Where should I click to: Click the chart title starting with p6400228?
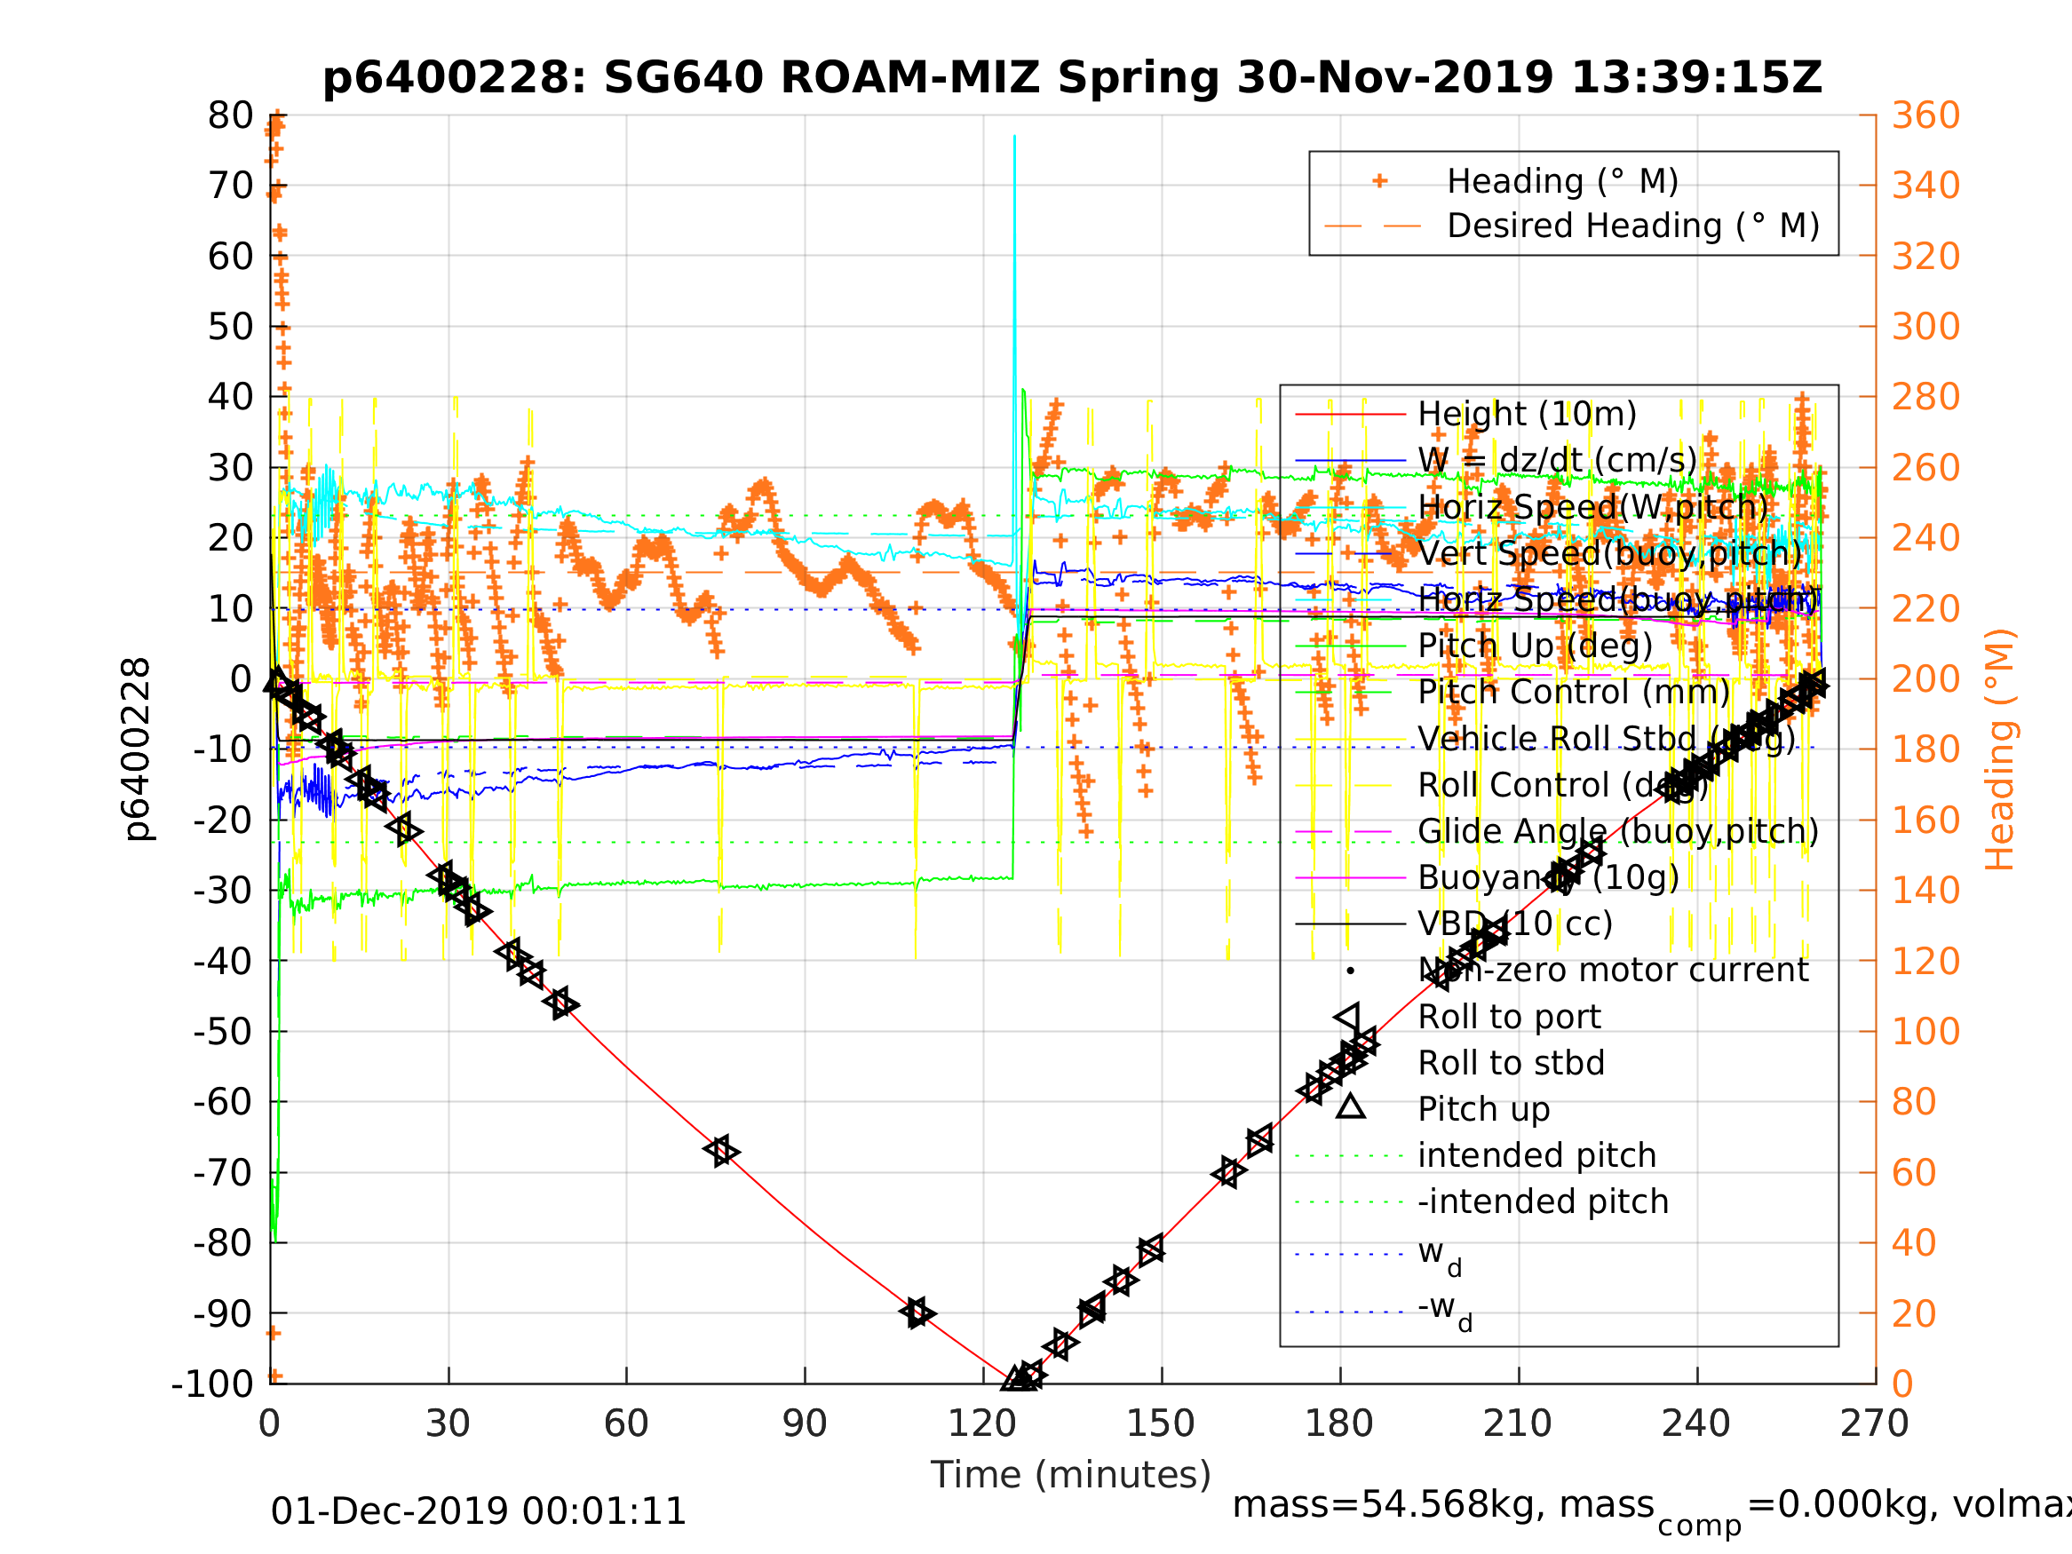[x=1072, y=78]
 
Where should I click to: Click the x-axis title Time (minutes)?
[x=1071, y=1474]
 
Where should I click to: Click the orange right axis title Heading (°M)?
[x=1999, y=749]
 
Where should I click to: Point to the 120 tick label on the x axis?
[x=981, y=1423]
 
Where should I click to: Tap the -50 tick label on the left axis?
[x=222, y=1031]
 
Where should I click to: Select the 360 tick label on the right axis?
[x=1925, y=115]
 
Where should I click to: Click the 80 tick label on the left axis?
[x=230, y=115]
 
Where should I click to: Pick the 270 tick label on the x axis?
[x=1874, y=1423]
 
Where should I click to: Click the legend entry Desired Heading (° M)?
[x=1632, y=226]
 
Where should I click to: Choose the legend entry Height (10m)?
[x=1527, y=413]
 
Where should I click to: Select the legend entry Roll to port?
[x=1509, y=1017]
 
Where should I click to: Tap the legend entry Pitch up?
[x=1484, y=1109]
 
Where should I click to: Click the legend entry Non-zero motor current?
[x=1612, y=970]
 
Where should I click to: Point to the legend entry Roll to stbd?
[x=1511, y=1063]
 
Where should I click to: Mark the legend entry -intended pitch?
[x=1543, y=1201]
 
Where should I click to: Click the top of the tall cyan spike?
[x=1014, y=137]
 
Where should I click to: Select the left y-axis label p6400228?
[x=138, y=749]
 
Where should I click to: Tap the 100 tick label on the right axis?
[x=1924, y=1031]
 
